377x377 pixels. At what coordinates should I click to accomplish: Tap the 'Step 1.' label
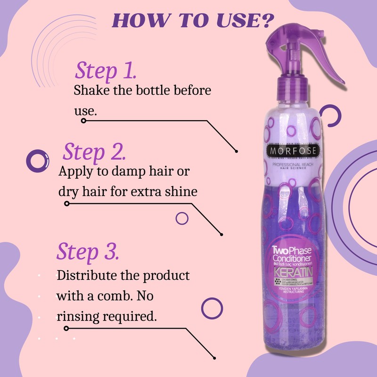coord(106,71)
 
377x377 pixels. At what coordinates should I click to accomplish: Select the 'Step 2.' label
coord(94,152)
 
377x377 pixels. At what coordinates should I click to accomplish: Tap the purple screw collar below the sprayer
coord(290,87)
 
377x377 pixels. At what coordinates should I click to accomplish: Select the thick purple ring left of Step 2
coord(36,161)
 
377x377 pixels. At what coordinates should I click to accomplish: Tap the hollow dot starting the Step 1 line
coord(83,121)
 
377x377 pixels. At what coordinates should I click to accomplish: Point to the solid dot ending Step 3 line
coord(215,357)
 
